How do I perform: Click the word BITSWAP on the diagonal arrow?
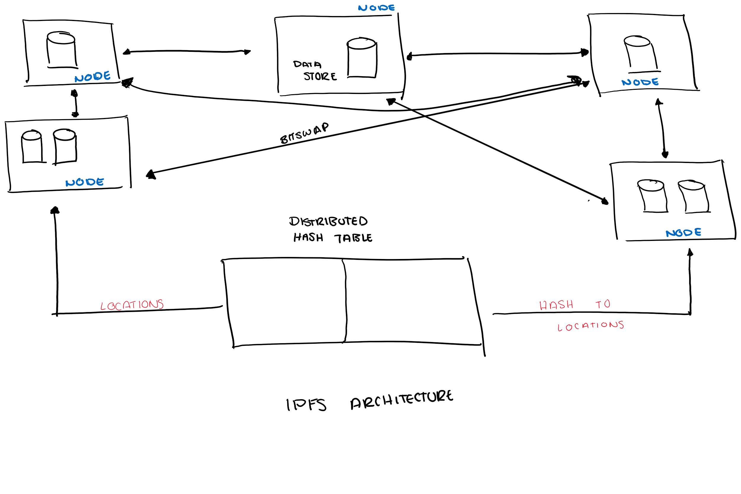[304, 133]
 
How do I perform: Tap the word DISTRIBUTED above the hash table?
[328, 221]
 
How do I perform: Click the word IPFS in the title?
[306, 405]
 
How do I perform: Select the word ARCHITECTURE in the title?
[401, 399]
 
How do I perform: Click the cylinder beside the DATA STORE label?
[362, 58]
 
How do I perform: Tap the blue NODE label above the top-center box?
[376, 8]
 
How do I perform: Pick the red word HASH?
[556, 305]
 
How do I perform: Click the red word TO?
[603, 304]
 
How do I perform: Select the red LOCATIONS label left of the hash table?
[132, 305]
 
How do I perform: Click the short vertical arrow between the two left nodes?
[75, 103]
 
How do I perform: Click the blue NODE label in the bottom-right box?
[683, 233]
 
